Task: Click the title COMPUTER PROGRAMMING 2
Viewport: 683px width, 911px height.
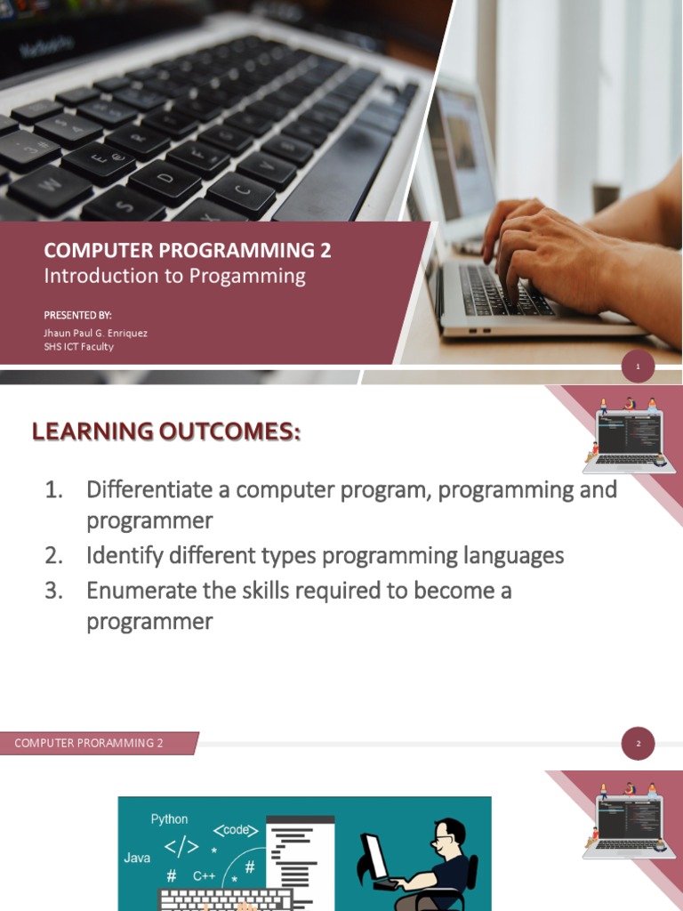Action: (x=188, y=251)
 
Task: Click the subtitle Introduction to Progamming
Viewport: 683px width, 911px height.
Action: (x=174, y=276)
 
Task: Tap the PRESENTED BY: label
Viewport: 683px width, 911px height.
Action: (x=78, y=315)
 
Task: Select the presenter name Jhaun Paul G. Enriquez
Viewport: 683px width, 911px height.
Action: (x=96, y=333)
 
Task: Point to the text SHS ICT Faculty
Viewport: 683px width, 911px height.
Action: (x=79, y=346)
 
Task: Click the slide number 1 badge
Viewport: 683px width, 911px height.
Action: (x=638, y=366)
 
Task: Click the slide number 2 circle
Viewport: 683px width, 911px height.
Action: (x=638, y=744)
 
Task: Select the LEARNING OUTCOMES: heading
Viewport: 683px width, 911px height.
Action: (x=166, y=432)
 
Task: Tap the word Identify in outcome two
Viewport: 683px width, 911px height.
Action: (x=123, y=556)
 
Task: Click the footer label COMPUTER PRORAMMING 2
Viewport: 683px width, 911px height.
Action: (x=89, y=743)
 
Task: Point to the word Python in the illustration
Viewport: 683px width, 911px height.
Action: (x=169, y=818)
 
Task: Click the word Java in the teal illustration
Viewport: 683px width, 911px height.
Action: (x=137, y=859)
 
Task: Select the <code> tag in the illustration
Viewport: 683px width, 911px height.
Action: (x=236, y=830)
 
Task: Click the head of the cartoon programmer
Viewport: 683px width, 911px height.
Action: (x=449, y=834)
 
